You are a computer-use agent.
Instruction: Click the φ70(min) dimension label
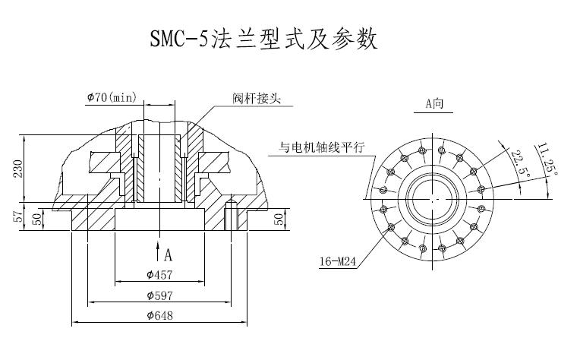click(x=111, y=97)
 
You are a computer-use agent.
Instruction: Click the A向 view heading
click(x=435, y=103)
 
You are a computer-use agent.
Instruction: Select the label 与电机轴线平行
click(x=320, y=147)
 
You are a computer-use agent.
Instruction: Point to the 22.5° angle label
click(x=519, y=164)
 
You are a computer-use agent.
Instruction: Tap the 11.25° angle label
click(x=547, y=159)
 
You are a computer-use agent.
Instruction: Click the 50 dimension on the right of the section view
click(x=279, y=219)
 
